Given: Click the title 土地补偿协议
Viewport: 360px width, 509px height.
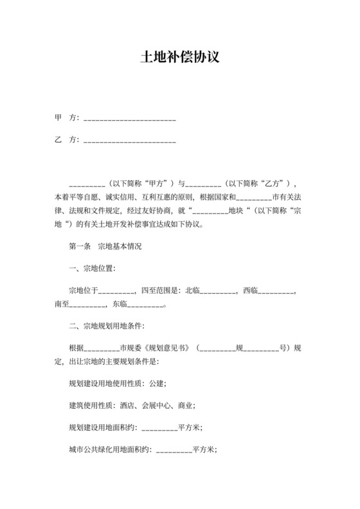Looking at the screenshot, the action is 180,57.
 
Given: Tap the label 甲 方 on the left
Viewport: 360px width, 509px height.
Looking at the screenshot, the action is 66,118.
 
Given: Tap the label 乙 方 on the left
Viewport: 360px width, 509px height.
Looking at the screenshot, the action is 66,139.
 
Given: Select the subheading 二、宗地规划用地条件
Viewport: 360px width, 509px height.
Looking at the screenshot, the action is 106,325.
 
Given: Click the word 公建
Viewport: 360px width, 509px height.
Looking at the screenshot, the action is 156,384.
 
